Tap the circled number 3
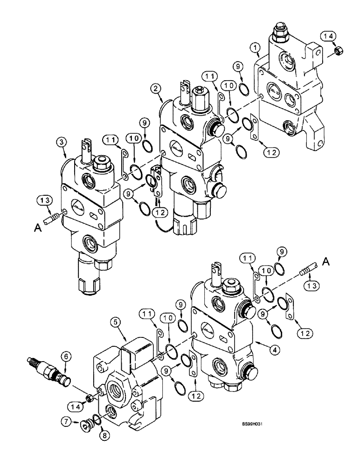60,141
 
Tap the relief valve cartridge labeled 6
49,370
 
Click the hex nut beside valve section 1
327,49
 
